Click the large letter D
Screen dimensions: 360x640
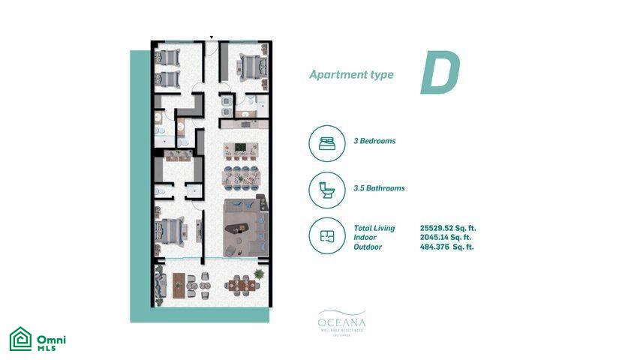[439, 75]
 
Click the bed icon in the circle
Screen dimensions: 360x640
[327, 142]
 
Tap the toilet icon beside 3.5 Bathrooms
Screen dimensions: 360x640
[327, 189]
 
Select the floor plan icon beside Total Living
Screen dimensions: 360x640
[327, 235]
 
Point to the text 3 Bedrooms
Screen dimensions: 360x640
[374, 141]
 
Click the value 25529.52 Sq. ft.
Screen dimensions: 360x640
[448, 228]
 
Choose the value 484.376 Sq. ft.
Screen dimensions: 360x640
[448, 247]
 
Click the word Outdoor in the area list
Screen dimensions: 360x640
[368, 247]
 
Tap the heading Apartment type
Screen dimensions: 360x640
[351, 75]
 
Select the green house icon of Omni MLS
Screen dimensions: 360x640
[20, 340]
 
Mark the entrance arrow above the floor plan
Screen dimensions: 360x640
[212, 36]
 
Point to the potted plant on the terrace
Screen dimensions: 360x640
[259, 275]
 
